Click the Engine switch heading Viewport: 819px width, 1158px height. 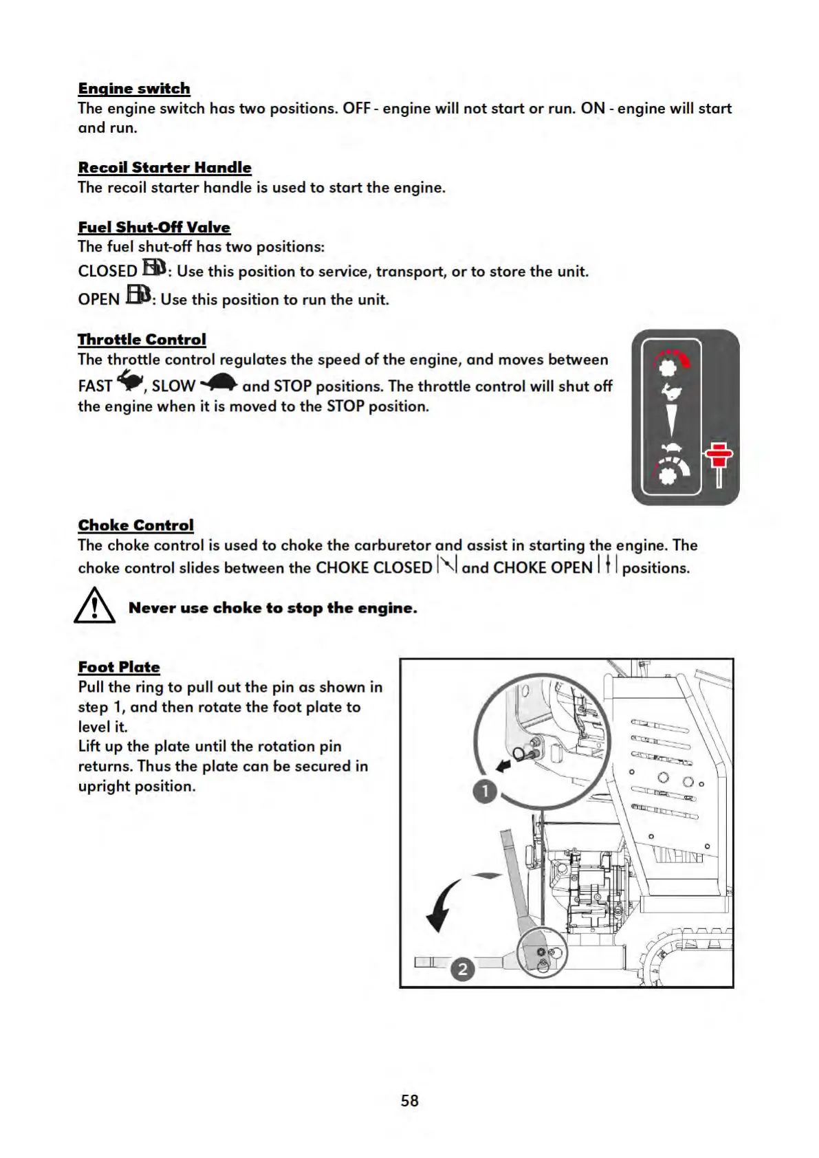(134, 89)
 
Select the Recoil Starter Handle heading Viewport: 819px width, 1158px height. (164, 168)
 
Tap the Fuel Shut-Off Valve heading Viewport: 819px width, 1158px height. (154, 228)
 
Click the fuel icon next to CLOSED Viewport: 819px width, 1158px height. (154, 267)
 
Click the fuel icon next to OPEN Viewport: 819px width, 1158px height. (138, 296)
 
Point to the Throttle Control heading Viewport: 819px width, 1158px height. (142, 340)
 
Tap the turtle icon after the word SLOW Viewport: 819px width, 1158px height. (219, 382)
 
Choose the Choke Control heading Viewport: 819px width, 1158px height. (135, 525)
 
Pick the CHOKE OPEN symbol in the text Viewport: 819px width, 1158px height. (608, 565)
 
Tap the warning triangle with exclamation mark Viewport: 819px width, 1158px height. (94, 607)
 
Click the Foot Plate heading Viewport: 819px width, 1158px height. (119, 667)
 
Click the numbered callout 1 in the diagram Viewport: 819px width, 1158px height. (485, 791)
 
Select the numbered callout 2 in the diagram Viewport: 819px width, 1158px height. (463, 970)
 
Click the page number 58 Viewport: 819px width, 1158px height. (410, 1101)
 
